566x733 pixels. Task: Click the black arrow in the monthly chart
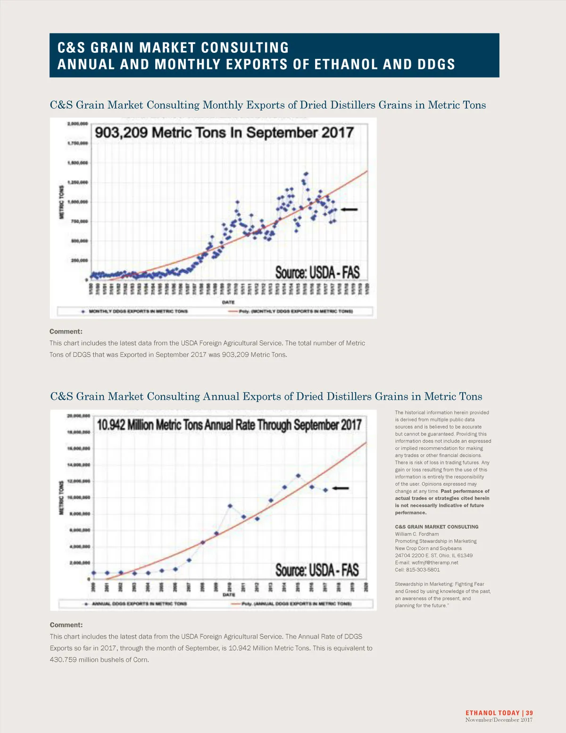click(349, 209)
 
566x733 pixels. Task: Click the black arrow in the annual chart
click(341, 488)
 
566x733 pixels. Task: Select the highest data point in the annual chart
click(298, 476)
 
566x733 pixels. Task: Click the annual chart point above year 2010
click(230, 506)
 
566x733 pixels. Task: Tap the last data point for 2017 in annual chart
click(325, 490)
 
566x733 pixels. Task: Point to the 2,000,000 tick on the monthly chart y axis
click(78, 124)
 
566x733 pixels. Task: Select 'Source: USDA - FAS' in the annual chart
click(317, 570)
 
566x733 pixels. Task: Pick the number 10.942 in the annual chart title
click(111, 425)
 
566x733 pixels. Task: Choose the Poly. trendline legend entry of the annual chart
click(296, 604)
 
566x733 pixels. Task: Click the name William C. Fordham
click(416, 534)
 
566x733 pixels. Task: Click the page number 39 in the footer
click(530, 713)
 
